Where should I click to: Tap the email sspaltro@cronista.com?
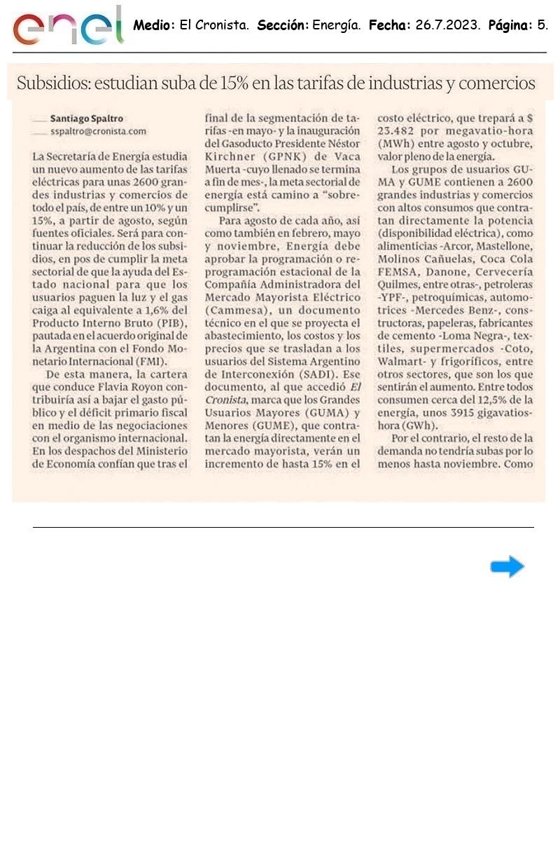(x=98, y=131)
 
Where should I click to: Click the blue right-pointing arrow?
(x=507, y=566)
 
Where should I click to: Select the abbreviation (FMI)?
(x=152, y=362)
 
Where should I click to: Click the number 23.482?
(x=399, y=131)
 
